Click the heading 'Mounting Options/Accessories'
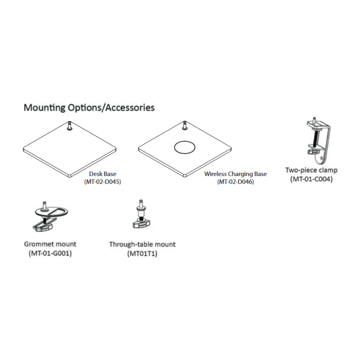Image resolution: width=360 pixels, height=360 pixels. pyautogui.click(x=89, y=108)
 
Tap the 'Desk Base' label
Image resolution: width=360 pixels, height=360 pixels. pyautogui.click(x=103, y=174)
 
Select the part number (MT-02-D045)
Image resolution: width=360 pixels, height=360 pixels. pyautogui.click(x=103, y=182)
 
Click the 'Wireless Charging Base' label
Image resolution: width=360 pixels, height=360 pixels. pyautogui.click(x=235, y=174)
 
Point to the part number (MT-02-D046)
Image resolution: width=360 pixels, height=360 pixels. pyautogui.click(x=235, y=182)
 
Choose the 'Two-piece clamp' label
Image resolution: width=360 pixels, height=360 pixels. pyautogui.click(x=311, y=170)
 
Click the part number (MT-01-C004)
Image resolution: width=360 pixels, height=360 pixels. pyautogui.click(x=311, y=179)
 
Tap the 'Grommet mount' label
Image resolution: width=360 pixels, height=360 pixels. pyautogui.click(x=50, y=244)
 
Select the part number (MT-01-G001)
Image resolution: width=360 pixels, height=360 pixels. pyautogui.click(x=50, y=253)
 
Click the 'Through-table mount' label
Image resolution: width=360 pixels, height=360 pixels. pyautogui.click(x=142, y=244)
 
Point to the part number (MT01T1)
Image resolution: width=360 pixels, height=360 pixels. pyautogui.click(x=142, y=254)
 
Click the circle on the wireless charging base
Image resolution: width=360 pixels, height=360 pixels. pyautogui.click(x=184, y=141)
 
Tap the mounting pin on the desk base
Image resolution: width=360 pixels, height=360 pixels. pyautogui.click(x=70, y=126)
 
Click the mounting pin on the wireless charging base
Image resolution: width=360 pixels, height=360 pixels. pyautogui.click(x=184, y=126)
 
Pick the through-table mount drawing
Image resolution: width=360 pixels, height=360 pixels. pyautogui.click(x=142, y=214)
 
